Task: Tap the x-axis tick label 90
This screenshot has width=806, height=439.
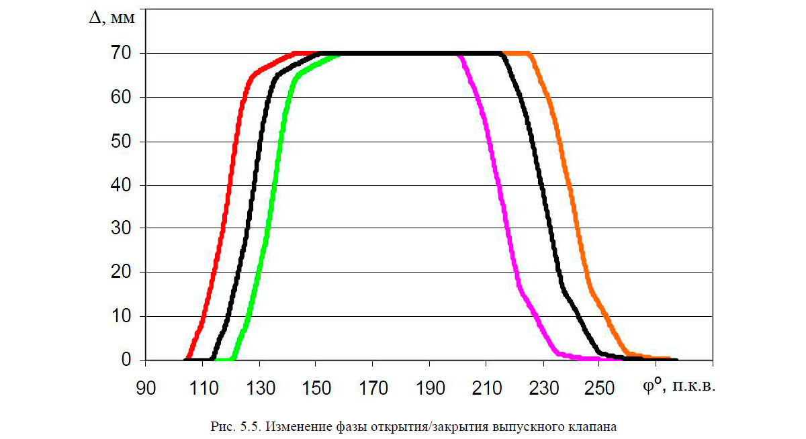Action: tap(145, 389)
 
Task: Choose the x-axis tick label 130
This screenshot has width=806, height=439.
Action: tap(259, 389)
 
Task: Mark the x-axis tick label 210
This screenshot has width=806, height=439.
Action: tap(486, 389)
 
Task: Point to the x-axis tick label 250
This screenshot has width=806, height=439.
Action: tap(599, 389)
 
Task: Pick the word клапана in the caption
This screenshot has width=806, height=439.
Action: tap(592, 426)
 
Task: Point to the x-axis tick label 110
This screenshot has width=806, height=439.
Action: tap(201, 389)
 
